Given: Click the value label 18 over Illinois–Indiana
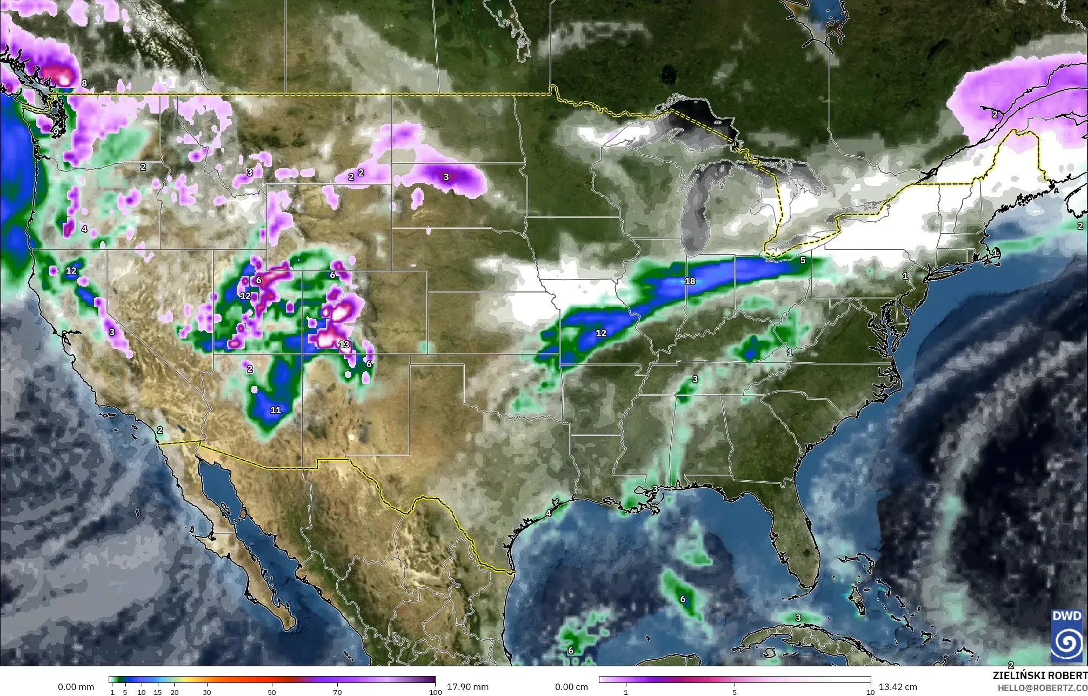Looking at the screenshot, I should (690, 281).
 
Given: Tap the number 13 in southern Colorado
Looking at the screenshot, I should (344, 344).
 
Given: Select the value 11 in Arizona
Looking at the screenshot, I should (276, 410).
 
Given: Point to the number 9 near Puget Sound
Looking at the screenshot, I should (56, 131).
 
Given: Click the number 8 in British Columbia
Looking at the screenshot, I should (84, 84).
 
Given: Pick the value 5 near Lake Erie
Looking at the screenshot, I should (803, 260).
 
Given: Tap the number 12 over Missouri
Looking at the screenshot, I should (601, 333).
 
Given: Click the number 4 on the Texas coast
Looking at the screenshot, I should (549, 513).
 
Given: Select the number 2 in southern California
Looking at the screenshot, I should (160, 430).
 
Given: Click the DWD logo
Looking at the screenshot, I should (1066, 635).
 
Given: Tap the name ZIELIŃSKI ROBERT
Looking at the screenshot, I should (1040, 676).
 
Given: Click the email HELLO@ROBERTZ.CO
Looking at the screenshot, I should (1042, 688).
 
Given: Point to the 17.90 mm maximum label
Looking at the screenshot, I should (468, 687).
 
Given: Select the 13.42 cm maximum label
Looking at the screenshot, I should (898, 687).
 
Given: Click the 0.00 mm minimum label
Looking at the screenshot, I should (76, 687).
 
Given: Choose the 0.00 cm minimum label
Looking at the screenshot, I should (572, 687).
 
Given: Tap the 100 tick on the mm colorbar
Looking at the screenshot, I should (435, 692).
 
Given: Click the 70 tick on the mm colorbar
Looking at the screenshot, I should (337, 692).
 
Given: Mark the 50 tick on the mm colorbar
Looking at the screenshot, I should (272, 692).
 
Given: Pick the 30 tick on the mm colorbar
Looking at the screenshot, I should (206, 692).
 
